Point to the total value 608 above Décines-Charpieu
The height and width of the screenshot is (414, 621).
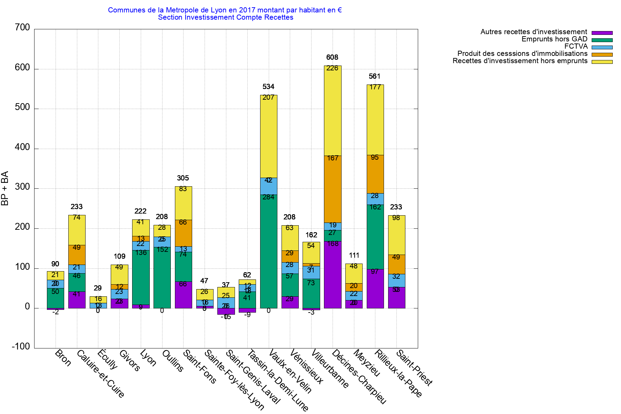332,57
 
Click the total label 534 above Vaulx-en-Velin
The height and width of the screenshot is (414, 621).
268,87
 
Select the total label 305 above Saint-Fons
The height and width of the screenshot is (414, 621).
183,178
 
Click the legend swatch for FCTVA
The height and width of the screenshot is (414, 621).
602,47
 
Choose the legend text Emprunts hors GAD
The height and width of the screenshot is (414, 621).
554,39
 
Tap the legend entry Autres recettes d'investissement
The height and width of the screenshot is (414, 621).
534,32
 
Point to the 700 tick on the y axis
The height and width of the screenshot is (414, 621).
22,28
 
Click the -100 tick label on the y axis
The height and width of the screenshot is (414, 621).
21,347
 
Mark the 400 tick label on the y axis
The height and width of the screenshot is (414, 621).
22,148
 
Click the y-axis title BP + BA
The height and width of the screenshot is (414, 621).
5,188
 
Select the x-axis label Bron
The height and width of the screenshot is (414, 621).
63,358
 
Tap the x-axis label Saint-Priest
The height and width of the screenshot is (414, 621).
414,368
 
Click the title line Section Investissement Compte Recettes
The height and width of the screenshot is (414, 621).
226,17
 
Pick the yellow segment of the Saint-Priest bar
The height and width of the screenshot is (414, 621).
396,235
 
